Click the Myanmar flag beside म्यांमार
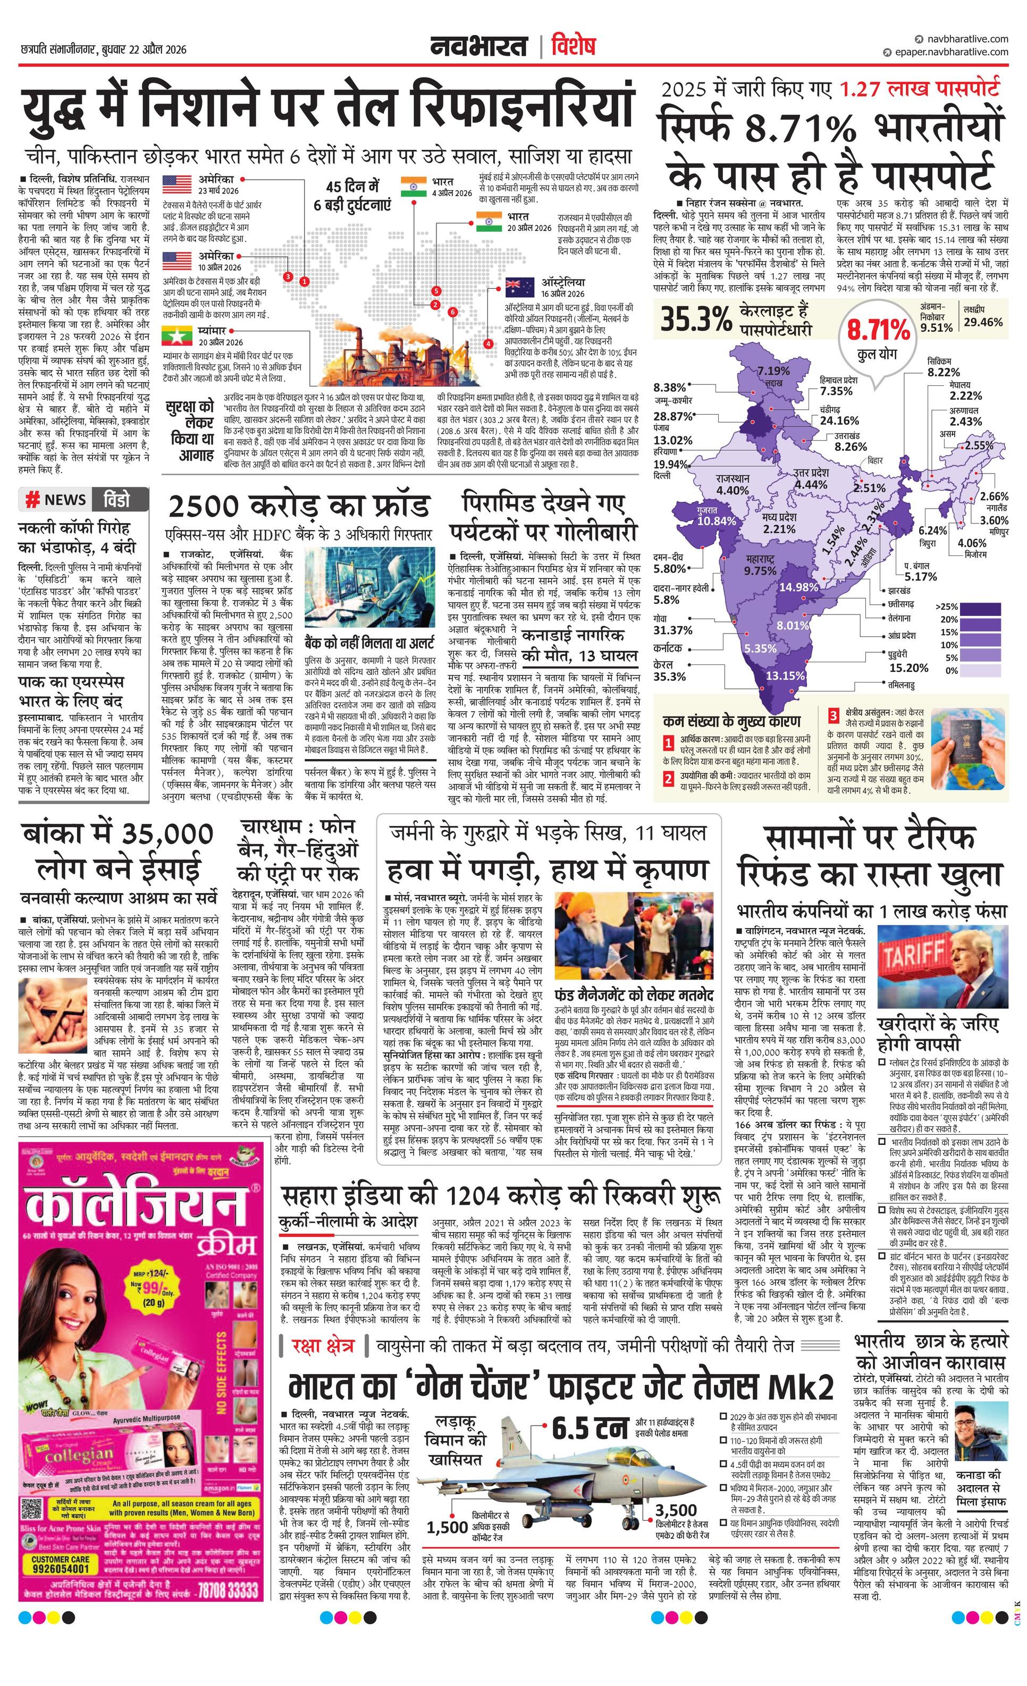tap(176, 335)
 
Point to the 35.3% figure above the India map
tap(696, 319)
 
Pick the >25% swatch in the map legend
tap(980, 606)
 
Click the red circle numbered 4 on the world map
tap(488, 343)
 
